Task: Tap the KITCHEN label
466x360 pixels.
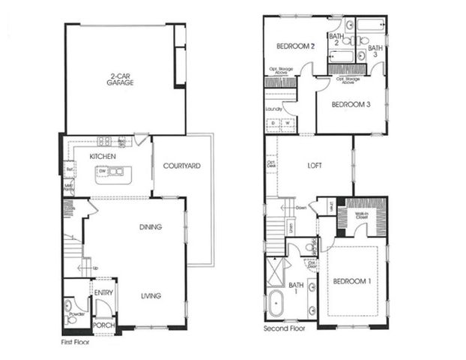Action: (102, 156)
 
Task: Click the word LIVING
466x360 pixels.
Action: (151, 295)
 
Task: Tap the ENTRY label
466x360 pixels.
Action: (103, 292)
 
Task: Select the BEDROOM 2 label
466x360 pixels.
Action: (294, 46)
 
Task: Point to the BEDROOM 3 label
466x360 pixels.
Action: (351, 104)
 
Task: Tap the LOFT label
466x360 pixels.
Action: (315, 166)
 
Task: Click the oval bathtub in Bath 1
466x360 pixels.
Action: (276, 308)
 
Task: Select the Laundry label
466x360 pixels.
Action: (273, 109)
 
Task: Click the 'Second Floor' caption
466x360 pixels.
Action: (285, 329)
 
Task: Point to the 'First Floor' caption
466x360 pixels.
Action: (78, 342)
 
